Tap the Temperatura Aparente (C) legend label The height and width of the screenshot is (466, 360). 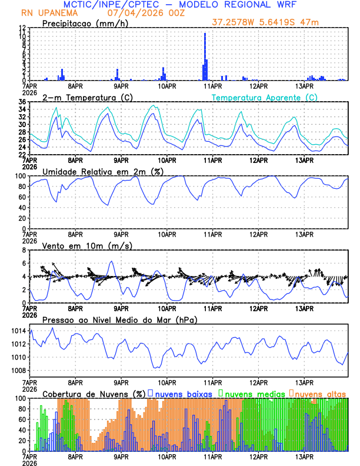point(265,97)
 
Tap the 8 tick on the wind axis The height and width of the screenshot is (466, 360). point(24,250)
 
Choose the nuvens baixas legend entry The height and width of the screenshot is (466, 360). point(183,393)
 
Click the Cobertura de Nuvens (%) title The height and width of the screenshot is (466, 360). point(94,393)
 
